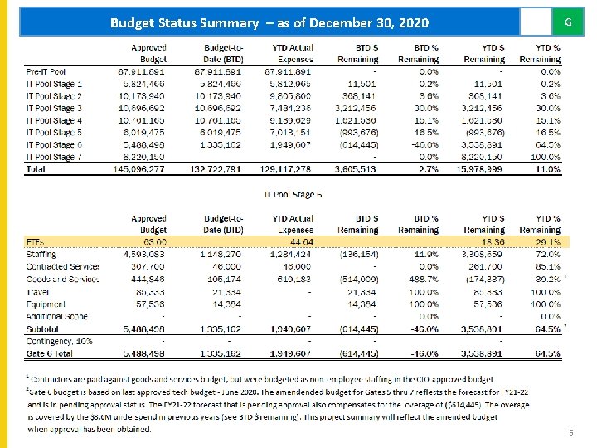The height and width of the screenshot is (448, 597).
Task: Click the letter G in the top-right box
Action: point(568,22)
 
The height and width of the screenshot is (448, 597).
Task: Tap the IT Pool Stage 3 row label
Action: point(55,108)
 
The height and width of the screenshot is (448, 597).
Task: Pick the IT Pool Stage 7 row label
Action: point(55,156)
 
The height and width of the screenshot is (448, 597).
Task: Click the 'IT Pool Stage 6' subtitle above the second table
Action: point(293,194)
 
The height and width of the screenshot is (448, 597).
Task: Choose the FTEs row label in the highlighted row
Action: point(36,242)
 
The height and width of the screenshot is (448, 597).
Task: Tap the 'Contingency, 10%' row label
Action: point(61,341)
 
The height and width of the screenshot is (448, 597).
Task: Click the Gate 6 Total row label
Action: point(50,353)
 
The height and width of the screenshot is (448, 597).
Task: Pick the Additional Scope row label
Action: point(56,316)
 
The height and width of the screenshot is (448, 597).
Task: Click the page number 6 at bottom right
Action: point(570,433)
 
